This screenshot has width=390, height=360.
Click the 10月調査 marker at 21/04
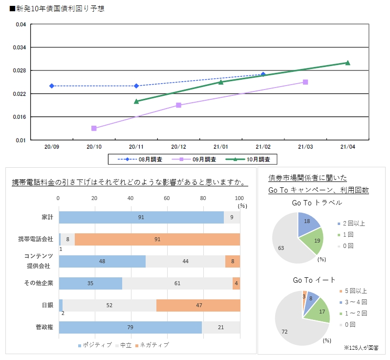(x=347, y=63)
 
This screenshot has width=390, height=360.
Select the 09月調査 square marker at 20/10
(x=94, y=128)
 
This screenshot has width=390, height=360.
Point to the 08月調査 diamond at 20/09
(x=52, y=86)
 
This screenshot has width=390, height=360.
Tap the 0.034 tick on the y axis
(x=20, y=47)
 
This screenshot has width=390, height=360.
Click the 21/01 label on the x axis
(x=221, y=146)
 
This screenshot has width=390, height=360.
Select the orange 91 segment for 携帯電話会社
(x=157, y=239)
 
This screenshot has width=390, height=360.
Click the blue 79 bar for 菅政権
(x=130, y=327)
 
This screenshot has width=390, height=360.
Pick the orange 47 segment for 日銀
(x=198, y=305)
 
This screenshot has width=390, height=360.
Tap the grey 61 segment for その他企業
(x=177, y=283)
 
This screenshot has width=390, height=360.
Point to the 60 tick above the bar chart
(x=167, y=198)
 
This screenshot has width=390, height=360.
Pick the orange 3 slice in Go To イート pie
(x=304, y=296)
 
